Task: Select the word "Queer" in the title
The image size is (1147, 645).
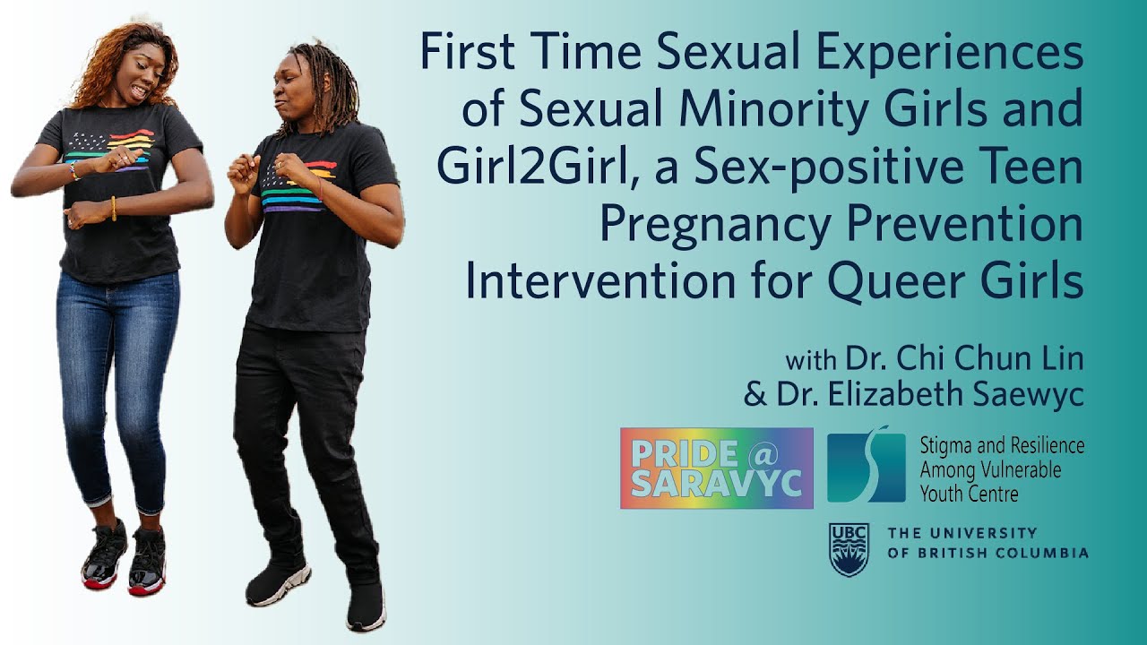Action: click(897, 281)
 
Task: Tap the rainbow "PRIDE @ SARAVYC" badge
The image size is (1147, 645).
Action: click(716, 468)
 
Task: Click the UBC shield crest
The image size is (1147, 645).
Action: click(849, 548)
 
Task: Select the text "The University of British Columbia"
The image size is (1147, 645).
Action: click(987, 543)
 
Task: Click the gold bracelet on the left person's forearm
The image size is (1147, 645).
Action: click(114, 208)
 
